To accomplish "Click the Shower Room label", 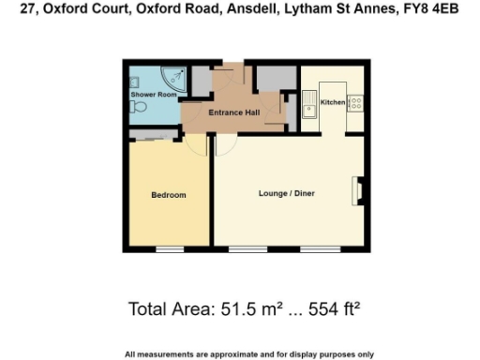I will click(154, 95).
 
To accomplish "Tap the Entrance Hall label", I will click(234, 113).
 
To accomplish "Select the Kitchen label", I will click(333, 101).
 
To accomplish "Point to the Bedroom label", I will click(169, 195).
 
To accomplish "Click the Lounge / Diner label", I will click(286, 194).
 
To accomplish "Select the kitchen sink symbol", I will click(309, 105).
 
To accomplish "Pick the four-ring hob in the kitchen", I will click(357, 103).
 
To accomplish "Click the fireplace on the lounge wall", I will click(356, 190).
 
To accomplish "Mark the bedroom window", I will click(169, 249).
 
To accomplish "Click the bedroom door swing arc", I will click(196, 143).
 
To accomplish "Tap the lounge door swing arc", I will click(225, 143).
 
